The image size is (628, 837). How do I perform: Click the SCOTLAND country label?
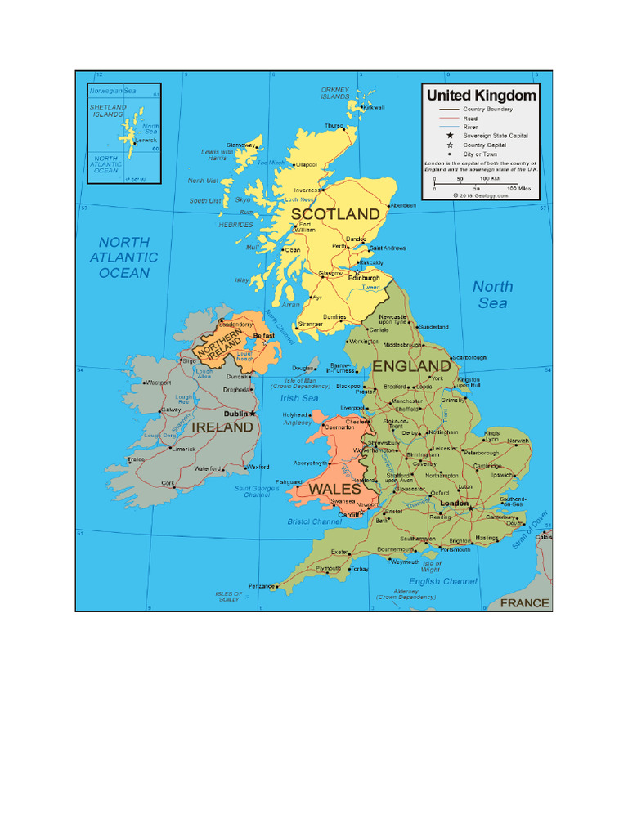tap(336, 214)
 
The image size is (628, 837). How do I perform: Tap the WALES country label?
tap(334, 489)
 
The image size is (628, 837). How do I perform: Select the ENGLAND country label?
tap(411, 365)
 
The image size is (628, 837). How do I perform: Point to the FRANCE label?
tap(525, 603)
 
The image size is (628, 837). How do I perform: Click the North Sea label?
tap(493, 294)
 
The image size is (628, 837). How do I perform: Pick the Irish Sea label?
tap(299, 398)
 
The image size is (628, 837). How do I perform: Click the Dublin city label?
tap(238, 413)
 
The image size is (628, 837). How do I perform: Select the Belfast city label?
tap(263, 335)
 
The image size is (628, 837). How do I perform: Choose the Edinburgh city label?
tap(365, 278)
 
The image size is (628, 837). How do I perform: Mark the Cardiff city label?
tap(348, 515)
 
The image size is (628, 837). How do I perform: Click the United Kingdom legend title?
tap(482, 96)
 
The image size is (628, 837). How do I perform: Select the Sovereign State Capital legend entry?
tap(496, 136)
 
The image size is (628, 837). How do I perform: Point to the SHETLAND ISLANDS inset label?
tap(108, 110)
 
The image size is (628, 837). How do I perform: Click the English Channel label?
tap(442, 581)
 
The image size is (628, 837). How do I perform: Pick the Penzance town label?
tap(262, 586)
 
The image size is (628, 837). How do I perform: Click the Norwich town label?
tap(518, 441)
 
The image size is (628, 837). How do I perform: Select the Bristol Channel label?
tap(315, 521)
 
